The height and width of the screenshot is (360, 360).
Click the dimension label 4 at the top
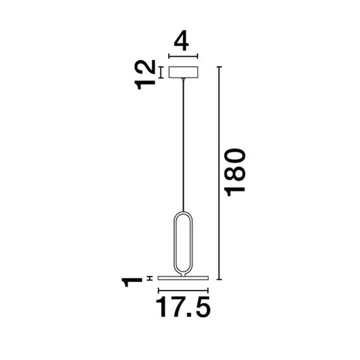click(182, 42)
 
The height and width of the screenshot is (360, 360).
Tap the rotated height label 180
click(236, 172)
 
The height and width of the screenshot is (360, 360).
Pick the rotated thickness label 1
click(132, 279)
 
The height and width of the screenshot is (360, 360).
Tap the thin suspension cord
click(183, 145)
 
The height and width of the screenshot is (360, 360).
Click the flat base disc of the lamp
click(183, 278)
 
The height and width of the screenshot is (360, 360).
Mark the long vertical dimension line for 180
click(219, 172)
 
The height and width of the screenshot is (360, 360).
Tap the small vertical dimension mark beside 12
click(160, 73)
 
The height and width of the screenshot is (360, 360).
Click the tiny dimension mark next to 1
click(150, 278)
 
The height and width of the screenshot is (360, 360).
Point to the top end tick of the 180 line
click(219, 66)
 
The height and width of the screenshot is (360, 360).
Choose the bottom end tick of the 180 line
click(219, 279)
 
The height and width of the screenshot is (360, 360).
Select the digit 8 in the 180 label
click(236, 172)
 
